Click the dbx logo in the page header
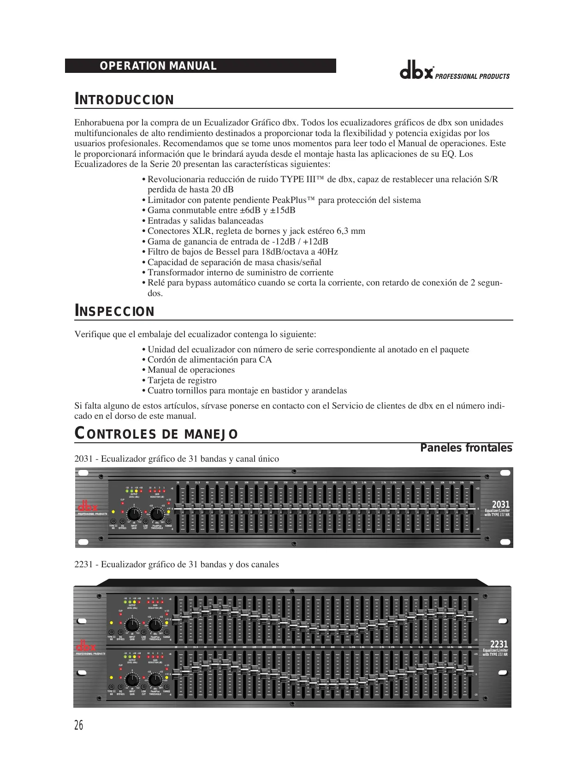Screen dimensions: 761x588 click(416, 73)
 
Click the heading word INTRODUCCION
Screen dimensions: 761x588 click(124, 100)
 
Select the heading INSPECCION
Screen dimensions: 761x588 click(114, 311)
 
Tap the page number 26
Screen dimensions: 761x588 click(79, 725)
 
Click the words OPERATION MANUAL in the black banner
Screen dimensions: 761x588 click(158, 66)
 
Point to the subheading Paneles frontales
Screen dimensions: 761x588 click(466, 448)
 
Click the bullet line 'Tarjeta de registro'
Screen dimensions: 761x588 click(182, 380)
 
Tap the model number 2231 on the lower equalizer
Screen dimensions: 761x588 click(499, 644)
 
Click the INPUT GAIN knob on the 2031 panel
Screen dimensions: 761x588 click(134, 514)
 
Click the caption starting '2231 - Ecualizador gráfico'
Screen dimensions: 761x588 click(177, 565)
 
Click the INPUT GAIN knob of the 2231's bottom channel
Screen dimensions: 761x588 click(132, 680)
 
